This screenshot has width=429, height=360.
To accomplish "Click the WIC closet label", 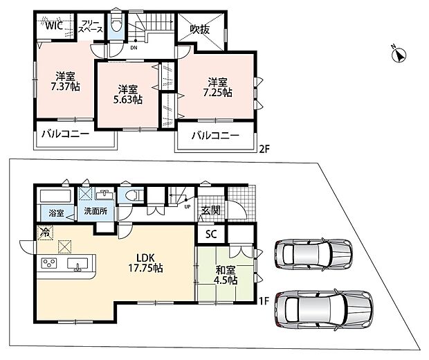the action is pyautogui.click(x=54, y=26).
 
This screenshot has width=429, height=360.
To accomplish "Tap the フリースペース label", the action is pyautogui.click(x=90, y=26).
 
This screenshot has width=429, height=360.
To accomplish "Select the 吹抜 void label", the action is pyautogui.click(x=200, y=30).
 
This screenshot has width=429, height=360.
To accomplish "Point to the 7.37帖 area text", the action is pyautogui.click(x=66, y=87).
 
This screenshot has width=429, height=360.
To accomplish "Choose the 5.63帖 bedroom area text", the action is pyautogui.click(x=128, y=100).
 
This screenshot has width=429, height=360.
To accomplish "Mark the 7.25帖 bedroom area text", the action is pyautogui.click(x=217, y=93).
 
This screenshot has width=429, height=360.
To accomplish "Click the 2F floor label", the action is pyautogui.click(x=264, y=150).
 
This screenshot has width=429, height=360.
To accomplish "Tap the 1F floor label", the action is pyautogui.click(x=264, y=301).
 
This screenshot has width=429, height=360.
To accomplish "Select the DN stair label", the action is pyautogui.click(x=134, y=48).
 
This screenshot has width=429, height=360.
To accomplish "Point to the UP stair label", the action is pyautogui.click(x=188, y=207).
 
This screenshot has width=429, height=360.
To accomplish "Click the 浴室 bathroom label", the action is pyautogui.click(x=56, y=213).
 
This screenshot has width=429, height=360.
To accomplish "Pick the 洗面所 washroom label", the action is pyautogui.click(x=95, y=211).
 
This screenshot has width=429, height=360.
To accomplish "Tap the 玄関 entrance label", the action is pyautogui.click(x=211, y=210).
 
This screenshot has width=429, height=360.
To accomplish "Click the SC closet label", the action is pyautogui.click(x=211, y=234).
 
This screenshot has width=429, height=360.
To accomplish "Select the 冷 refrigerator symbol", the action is pyautogui.click(x=45, y=233).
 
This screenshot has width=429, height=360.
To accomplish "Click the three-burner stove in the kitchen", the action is pyautogui.click(x=49, y=263).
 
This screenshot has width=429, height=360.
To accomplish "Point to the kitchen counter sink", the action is pyautogui.click(x=77, y=264).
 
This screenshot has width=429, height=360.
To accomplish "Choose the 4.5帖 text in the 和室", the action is pyautogui.click(x=226, y=281).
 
